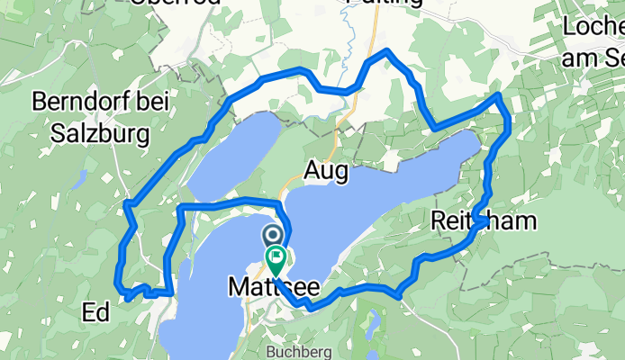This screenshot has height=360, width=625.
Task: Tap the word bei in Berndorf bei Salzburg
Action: pyautogui.click(x=159, y=102)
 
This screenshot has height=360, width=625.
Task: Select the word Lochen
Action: pyautogui.click(x=593, y=27)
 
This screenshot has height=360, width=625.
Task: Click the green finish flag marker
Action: pyautogui.click(x=275, y=261)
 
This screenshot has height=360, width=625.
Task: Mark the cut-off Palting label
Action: pyautogui.click(x=385, y=4)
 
